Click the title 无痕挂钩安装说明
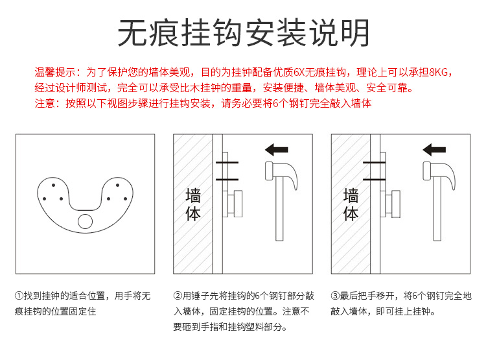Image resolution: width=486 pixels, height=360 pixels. pos(243,32)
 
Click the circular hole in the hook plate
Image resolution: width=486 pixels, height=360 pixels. pos(86,222)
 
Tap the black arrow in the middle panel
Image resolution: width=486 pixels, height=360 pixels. pos(277,150)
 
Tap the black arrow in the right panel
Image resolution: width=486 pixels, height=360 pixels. pos(434,150)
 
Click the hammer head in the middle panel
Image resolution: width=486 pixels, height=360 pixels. pos(281,174)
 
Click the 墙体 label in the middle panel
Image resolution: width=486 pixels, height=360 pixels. pos(193,205)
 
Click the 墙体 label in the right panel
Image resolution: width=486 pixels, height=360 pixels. pos(351,205)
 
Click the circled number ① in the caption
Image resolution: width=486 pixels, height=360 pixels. pos(19,295)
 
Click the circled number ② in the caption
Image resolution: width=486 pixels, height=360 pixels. pos(178,295)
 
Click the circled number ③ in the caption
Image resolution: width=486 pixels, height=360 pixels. pos(335,295)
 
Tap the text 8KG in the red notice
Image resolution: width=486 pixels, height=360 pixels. pos(439,72)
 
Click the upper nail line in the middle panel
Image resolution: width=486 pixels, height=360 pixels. pos(227,162)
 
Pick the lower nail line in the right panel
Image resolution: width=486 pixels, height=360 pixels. pos(374,180)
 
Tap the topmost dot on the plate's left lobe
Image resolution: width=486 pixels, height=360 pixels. pos(53,185)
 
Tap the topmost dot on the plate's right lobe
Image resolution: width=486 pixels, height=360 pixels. pos(117,185)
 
